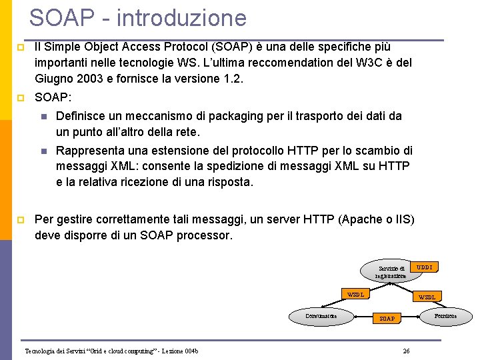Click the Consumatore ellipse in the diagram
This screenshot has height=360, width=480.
coord(321,316)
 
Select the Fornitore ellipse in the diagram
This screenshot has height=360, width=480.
coord(445,315)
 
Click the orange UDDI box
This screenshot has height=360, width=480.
coord(425,267)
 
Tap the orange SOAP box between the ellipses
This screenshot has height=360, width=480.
coord(387,319)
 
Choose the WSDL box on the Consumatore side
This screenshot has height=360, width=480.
coord(356,294)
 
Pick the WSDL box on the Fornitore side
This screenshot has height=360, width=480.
coord(427,297)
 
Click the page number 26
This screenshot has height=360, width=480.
coord(407,351)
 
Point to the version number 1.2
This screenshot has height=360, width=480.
coord(233,79)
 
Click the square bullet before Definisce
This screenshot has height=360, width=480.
coord(44,117)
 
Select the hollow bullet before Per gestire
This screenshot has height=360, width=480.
coord(21,220)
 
